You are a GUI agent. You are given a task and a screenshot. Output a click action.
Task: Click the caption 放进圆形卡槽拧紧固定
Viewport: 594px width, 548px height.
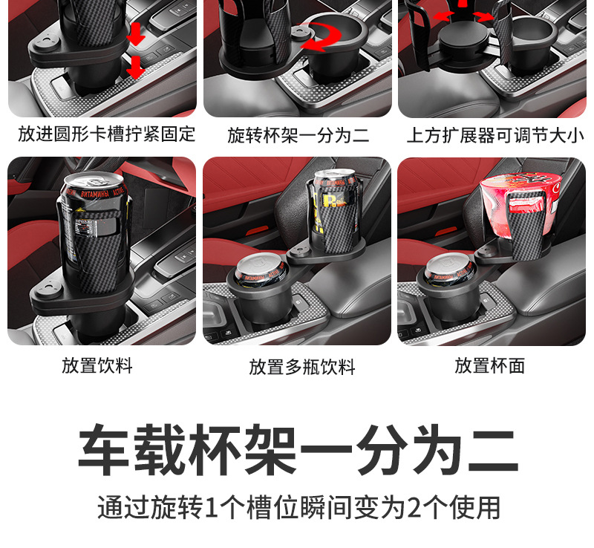click(x=107, y=134)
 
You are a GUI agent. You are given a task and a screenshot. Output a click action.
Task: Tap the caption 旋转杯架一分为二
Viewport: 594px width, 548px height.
click(x=298, y=135)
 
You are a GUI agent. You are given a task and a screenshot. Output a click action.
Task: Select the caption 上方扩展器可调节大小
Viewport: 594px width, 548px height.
click(x=495, y=135)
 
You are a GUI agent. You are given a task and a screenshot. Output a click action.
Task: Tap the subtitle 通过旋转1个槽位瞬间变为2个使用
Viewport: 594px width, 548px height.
click(x=298, y=507)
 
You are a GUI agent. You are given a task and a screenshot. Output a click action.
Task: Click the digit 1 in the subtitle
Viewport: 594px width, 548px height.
click(x=213, y=508)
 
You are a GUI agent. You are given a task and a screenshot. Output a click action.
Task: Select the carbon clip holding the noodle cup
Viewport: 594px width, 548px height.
click(x=520, y=223)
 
